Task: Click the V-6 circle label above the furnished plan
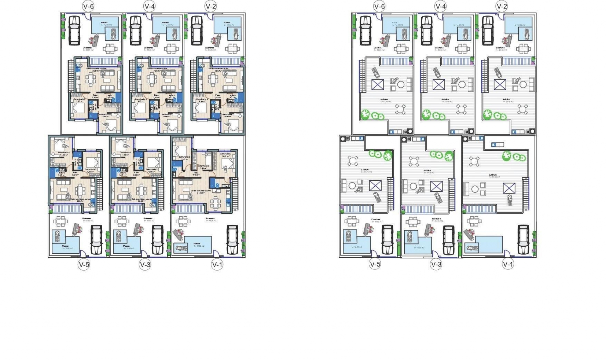[88, 6]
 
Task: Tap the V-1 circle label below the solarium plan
[508, 264]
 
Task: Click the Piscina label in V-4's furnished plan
[165, 22]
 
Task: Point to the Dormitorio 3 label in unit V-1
[185, 157]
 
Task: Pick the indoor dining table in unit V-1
[216, 202]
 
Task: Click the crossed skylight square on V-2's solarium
[500, 85]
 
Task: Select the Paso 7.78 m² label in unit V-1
[196, 173]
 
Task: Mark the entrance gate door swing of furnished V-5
[83, 253]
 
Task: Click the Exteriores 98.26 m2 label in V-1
[210, 219]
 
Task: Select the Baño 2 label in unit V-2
[233, 96]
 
